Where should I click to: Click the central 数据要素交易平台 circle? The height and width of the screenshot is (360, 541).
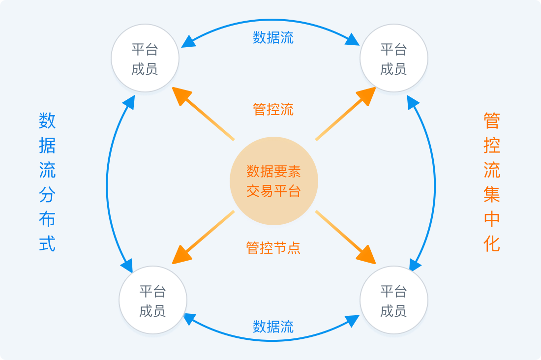(x=273, y=181)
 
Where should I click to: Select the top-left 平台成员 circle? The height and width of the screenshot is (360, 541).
(x=145, y=58)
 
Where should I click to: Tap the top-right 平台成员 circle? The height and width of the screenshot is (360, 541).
(x=393, y=58)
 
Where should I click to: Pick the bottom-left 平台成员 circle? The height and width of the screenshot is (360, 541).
(x=153, y=300)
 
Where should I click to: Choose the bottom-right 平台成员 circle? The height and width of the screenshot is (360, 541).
(x=393, y=300)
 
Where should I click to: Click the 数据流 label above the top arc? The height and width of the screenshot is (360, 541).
(x=273, y=38)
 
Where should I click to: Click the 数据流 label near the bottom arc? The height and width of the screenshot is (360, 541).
(x=273, y=327)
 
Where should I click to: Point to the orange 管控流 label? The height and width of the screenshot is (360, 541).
(x=273, y=109)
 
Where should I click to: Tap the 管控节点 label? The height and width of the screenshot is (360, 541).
(x=273, y=248)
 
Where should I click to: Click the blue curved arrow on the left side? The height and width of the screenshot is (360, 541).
(x=107, y=184)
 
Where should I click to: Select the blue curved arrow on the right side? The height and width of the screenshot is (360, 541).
(x=435, y=184)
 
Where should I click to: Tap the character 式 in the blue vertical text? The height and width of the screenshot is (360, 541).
(x=47, y=243)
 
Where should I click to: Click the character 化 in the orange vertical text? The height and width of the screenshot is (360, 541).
(x=492, y=243)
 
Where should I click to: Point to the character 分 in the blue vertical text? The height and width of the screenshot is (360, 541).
(x=47, y=195)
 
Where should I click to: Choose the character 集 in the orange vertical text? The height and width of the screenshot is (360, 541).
(x=492, y=195)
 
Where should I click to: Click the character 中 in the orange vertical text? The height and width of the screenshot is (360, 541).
(x=492, y=219)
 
